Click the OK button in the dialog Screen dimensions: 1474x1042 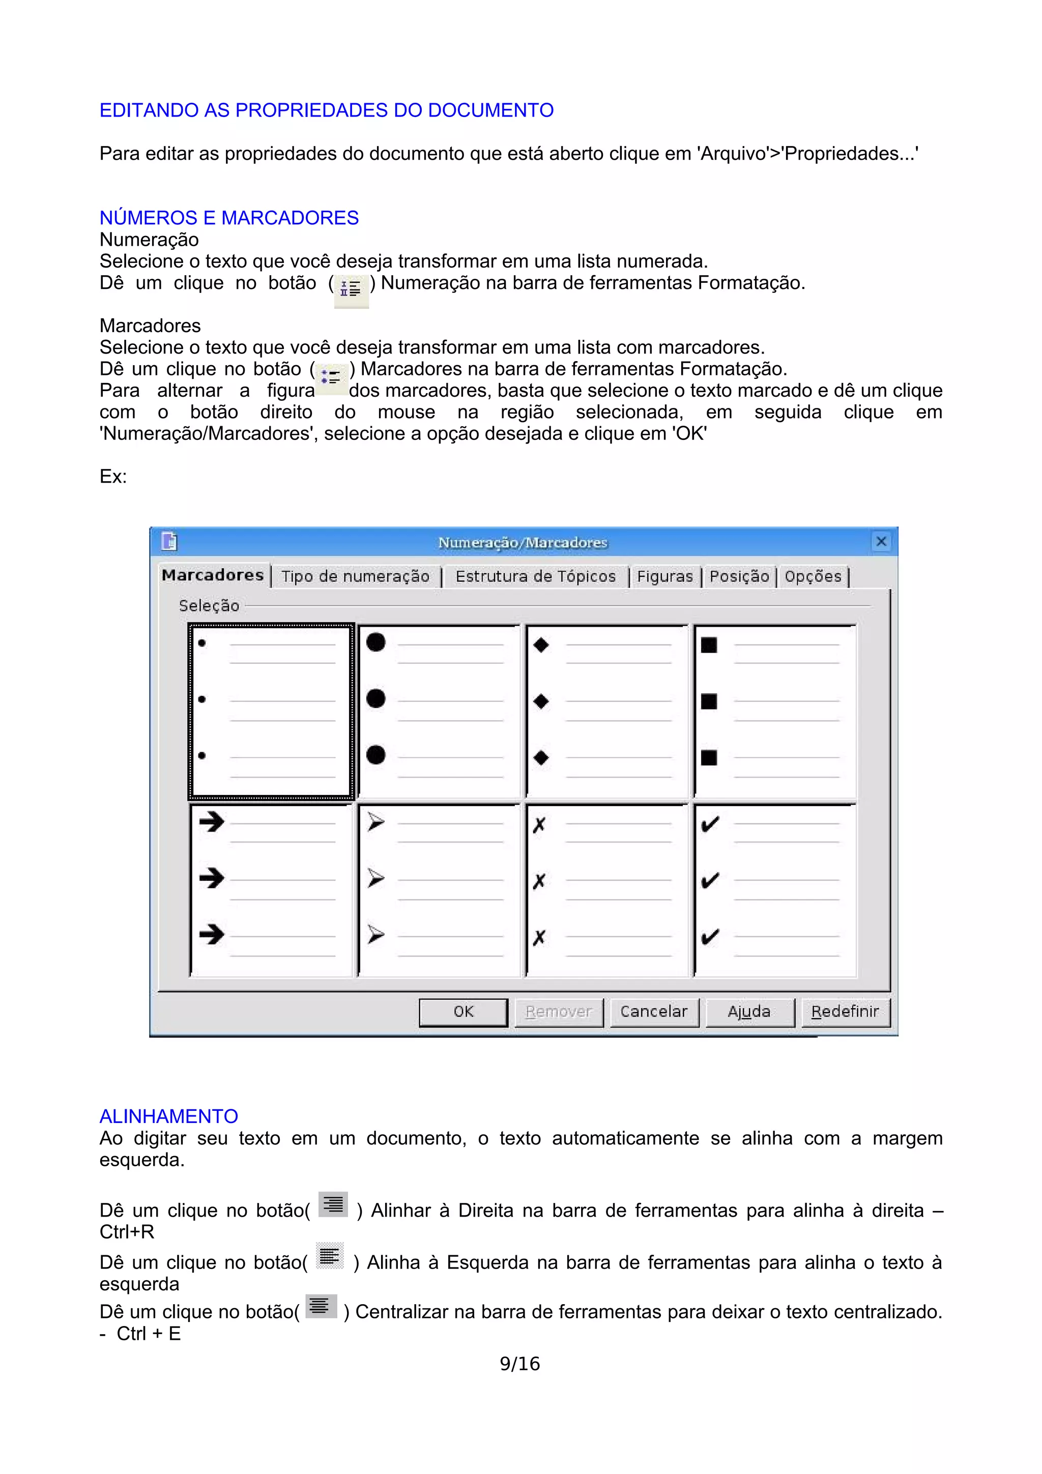463,1012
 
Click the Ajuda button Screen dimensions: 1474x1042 748,1012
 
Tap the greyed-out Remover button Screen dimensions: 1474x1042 558,1012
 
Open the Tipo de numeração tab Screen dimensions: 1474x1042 355,576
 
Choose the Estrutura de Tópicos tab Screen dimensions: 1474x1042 535,576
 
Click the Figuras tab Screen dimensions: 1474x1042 664,576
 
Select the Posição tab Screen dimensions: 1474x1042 739,576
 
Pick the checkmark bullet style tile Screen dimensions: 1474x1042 774,890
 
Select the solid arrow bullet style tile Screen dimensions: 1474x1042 271,890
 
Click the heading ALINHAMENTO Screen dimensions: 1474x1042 168,1116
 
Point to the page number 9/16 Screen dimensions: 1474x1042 520,1364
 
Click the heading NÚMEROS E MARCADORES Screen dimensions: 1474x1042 228,218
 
